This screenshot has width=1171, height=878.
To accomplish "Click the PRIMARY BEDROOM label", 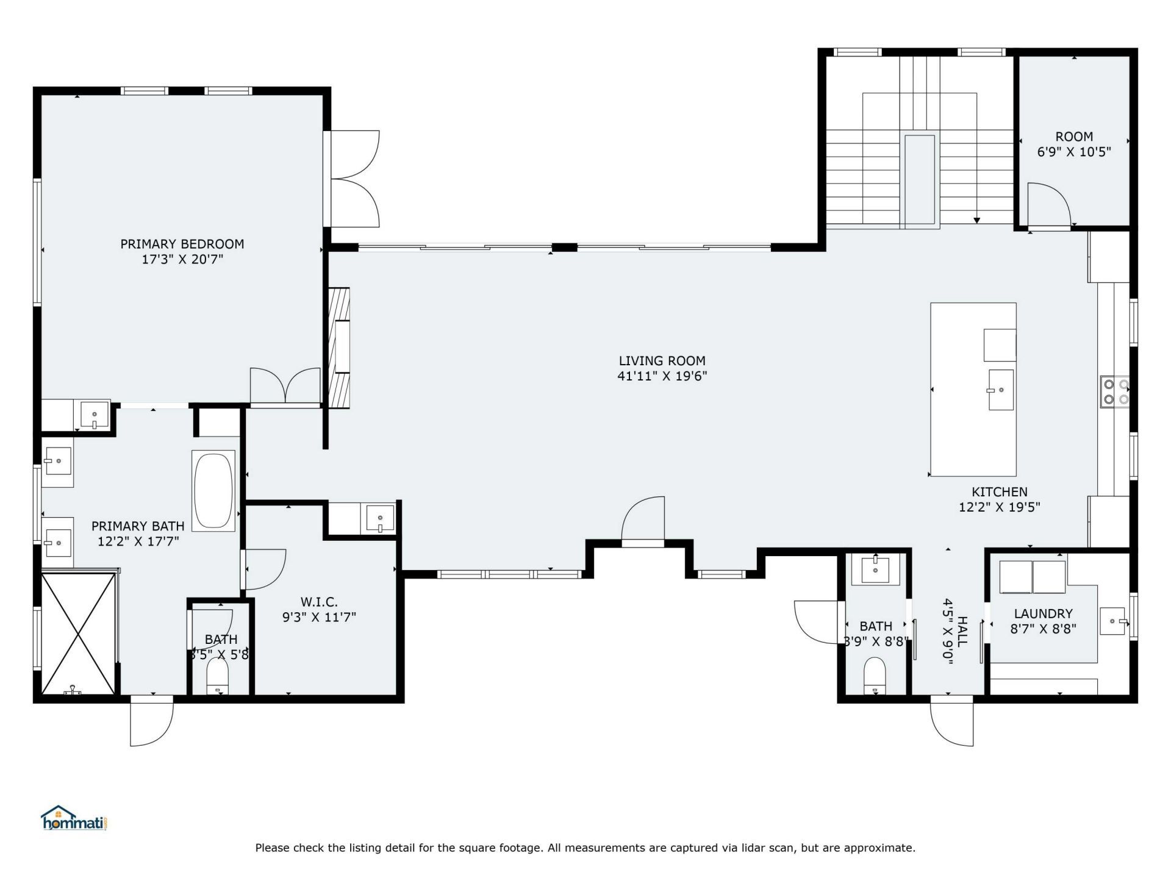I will point(182,244).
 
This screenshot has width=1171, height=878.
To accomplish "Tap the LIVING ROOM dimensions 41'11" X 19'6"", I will point(662,376).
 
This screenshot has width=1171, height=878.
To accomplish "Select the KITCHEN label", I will point(999,491).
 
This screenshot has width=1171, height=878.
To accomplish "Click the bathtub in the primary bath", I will point(213,490).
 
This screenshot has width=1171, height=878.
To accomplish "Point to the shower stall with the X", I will point(78,632).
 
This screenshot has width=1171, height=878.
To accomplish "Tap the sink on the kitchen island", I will point(1001,390).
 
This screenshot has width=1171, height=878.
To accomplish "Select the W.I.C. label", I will point(318,602).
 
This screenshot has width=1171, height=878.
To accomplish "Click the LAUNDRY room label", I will point(1043,613).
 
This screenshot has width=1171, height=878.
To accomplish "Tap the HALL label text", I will point(962,632).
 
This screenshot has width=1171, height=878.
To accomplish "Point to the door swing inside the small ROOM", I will point(1049,204).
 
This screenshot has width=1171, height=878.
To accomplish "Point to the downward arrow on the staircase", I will point(977,220).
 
